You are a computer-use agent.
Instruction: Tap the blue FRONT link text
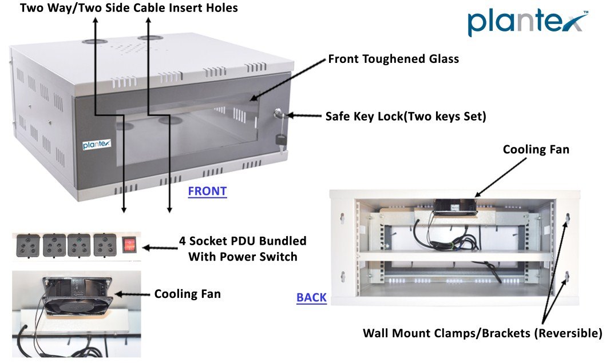pos(207,192)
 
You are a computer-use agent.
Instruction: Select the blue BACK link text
pos(311,297)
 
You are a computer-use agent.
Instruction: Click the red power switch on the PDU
pos(129,246)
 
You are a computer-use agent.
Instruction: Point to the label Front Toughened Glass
pos(393,59)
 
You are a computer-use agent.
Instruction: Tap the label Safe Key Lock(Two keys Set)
pos(406,117)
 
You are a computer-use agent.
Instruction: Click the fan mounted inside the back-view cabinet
pos(454,206)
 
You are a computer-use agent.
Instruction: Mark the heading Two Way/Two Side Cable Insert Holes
pos(129,8)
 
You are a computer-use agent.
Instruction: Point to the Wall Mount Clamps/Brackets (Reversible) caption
pos(482,333)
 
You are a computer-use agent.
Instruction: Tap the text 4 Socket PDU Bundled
pos(247,241)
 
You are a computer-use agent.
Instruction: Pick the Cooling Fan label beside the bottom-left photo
pos(187,294)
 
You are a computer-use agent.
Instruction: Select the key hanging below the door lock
pos(280,139)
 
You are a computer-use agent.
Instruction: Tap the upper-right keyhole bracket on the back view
pos(567,218)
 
